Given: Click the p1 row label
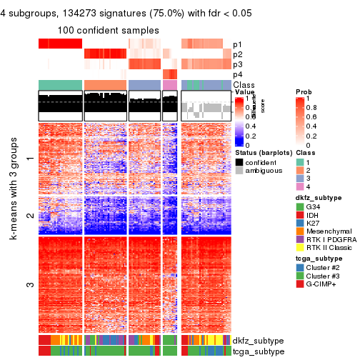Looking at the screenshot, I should pos(237,44).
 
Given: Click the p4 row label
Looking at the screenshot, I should pos(237,74).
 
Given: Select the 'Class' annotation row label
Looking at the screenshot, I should pos(244,85).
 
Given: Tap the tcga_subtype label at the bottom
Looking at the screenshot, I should pos(255,351).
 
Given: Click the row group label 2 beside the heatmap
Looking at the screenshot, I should pos(29,214).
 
